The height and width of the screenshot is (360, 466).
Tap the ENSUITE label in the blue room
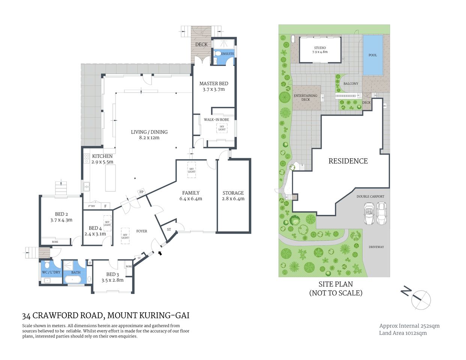tap(227, 54)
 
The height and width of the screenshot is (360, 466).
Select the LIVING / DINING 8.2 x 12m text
tap(149, 135)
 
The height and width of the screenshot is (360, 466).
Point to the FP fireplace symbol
tap(141, 192)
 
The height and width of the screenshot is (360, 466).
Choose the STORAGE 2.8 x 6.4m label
tap(233, 196)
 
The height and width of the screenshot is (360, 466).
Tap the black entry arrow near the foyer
tap(160, 253)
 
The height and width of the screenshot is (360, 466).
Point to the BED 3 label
tap(112, 277)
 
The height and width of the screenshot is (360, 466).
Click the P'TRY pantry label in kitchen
tap(92, 206)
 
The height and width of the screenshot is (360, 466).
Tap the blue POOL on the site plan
tap(373, 55)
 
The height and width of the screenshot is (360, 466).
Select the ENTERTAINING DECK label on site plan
tap(305, 97)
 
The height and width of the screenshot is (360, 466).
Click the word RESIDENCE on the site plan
tap(348, 161)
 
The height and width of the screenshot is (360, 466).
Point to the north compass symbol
tap(420, 299)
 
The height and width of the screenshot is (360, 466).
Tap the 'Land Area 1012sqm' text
tap(403, 333)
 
